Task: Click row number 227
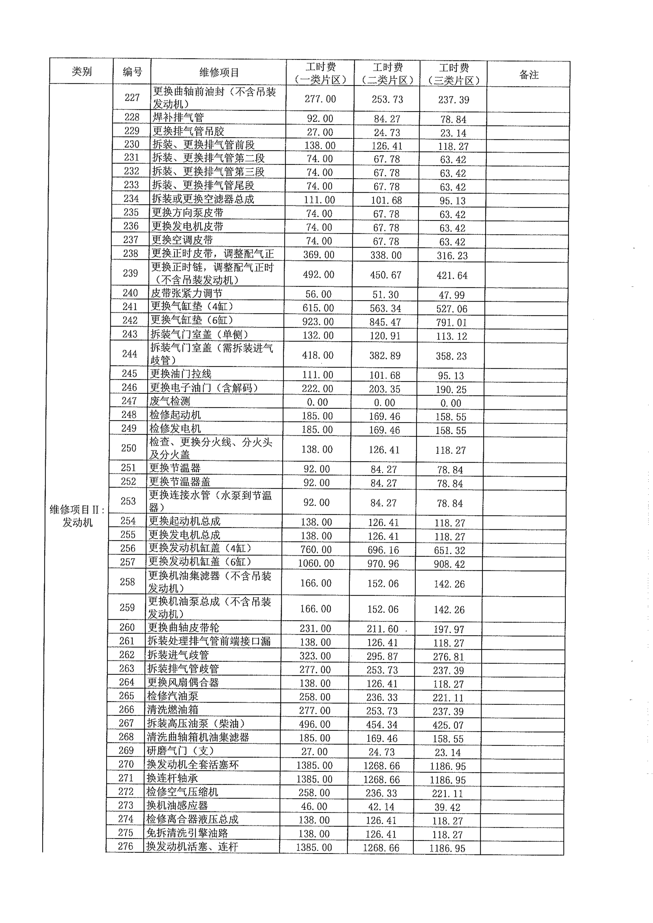point(132,98)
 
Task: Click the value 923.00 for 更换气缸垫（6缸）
point(318,322)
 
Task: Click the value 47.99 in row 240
point(452,295)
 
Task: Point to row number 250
point(129,448)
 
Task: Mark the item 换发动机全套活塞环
point(193,764)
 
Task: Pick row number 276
point(126,846)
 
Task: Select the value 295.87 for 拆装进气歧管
point(382,656)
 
